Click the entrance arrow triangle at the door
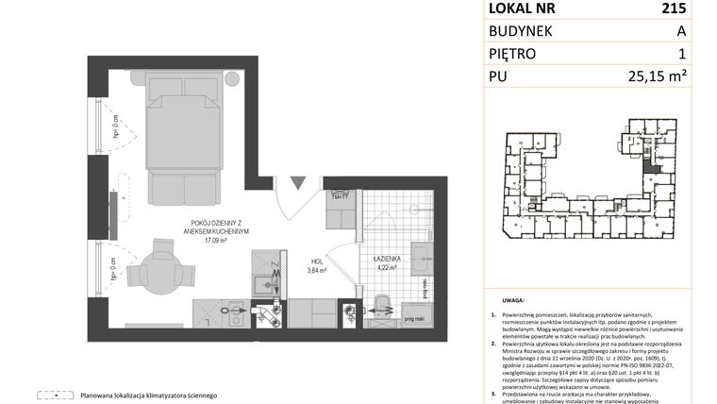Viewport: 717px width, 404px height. [x=298, y=182]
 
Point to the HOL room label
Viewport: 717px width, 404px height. [x=318, y=262]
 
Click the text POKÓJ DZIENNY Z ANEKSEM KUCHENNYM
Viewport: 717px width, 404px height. [x=213, y=227]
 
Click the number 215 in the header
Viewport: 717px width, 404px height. [x=674, y=8]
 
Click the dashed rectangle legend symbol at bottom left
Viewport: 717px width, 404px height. [x=54, y=395]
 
